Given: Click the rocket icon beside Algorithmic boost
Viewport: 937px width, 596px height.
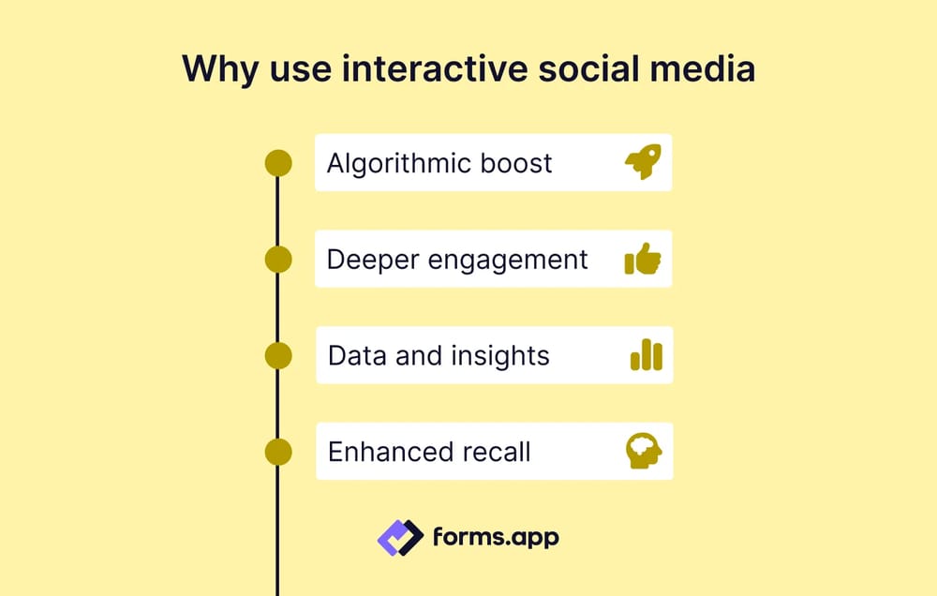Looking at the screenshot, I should point(643,163).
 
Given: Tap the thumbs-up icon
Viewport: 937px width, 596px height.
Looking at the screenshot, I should point(643,260).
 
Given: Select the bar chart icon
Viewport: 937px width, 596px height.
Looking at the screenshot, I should point(646,355).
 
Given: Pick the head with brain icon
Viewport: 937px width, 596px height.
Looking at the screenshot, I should point(644,451).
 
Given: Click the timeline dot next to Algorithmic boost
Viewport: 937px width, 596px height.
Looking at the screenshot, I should point(278,163).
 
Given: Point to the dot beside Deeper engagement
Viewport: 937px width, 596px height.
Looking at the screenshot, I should point(278,260).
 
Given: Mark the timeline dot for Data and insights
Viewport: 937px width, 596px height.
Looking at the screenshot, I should point(278,355).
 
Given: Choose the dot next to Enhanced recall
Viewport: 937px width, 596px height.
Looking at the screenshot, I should point(278,452).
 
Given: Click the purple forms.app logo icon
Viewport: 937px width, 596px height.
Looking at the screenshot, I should point(400,538).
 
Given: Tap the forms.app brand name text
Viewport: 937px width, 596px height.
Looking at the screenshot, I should point(495,538).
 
